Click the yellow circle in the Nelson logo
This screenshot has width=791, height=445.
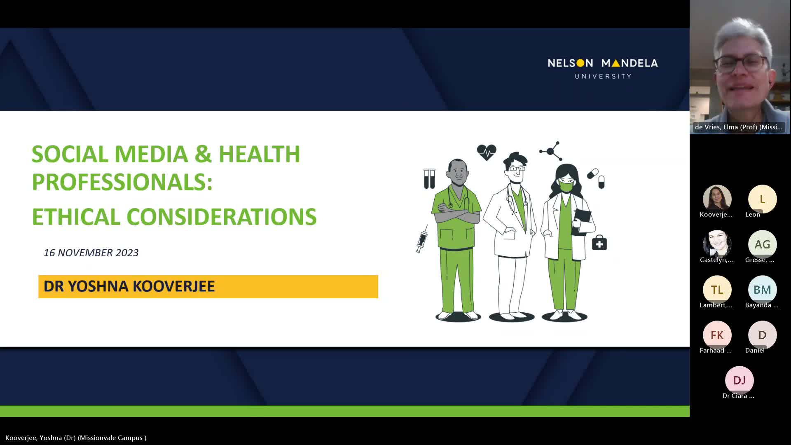point(580,63)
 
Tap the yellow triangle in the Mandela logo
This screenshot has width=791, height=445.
point(615,63)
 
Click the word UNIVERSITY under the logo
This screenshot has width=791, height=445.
point(603,76)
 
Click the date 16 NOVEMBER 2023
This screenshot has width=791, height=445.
point(91,253)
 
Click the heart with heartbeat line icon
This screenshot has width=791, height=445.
point(487,152)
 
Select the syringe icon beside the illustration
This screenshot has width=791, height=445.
point(422,239)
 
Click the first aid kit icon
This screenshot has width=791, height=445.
point(599,243)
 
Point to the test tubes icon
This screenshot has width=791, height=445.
point(429,178)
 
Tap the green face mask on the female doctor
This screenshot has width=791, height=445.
point(566,187)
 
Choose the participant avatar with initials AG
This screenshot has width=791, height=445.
point(762,244)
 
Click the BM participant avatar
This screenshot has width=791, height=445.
point(762,290)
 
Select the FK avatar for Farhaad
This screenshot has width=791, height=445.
point(717,335)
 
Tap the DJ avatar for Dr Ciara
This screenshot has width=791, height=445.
point(739,380)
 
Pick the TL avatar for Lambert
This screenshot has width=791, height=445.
point(717,290)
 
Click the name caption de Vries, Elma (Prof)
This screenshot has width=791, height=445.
point(739,127)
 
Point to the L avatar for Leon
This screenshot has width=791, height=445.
point(762,199)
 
